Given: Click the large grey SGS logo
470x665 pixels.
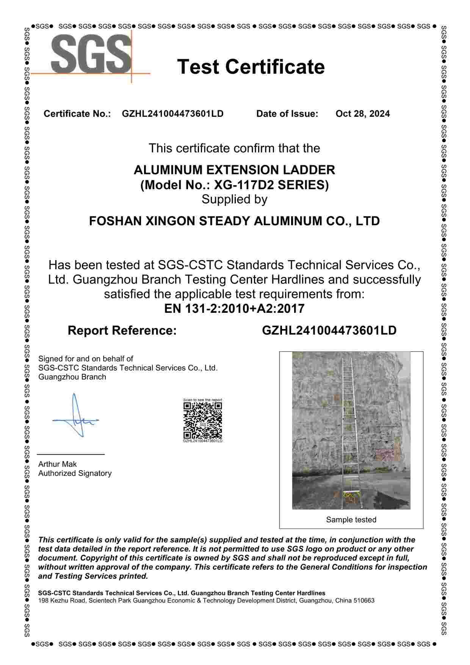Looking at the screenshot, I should click(91, 54).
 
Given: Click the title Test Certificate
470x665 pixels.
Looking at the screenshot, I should click(251, 67).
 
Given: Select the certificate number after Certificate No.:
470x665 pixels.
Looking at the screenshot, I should click(172, 114).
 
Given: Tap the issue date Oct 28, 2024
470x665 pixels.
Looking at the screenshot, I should click(362, 114).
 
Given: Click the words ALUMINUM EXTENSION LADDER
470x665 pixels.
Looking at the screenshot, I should click(234, 169).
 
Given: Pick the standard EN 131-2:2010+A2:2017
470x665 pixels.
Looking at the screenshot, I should click(234, 309).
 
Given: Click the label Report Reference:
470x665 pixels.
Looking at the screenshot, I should click(122, 331).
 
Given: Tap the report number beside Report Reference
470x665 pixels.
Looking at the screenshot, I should click(329, 331).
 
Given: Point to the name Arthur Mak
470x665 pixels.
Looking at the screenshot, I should click(57, 464).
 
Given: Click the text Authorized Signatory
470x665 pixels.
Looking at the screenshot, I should click(75, 473).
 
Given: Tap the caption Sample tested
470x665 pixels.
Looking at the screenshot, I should click(351, 520).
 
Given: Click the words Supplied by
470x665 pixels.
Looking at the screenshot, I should click(234, 199).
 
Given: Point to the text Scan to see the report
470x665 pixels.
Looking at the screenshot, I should click(202, 400).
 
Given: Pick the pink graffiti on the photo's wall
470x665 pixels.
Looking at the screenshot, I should click(385, 454).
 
